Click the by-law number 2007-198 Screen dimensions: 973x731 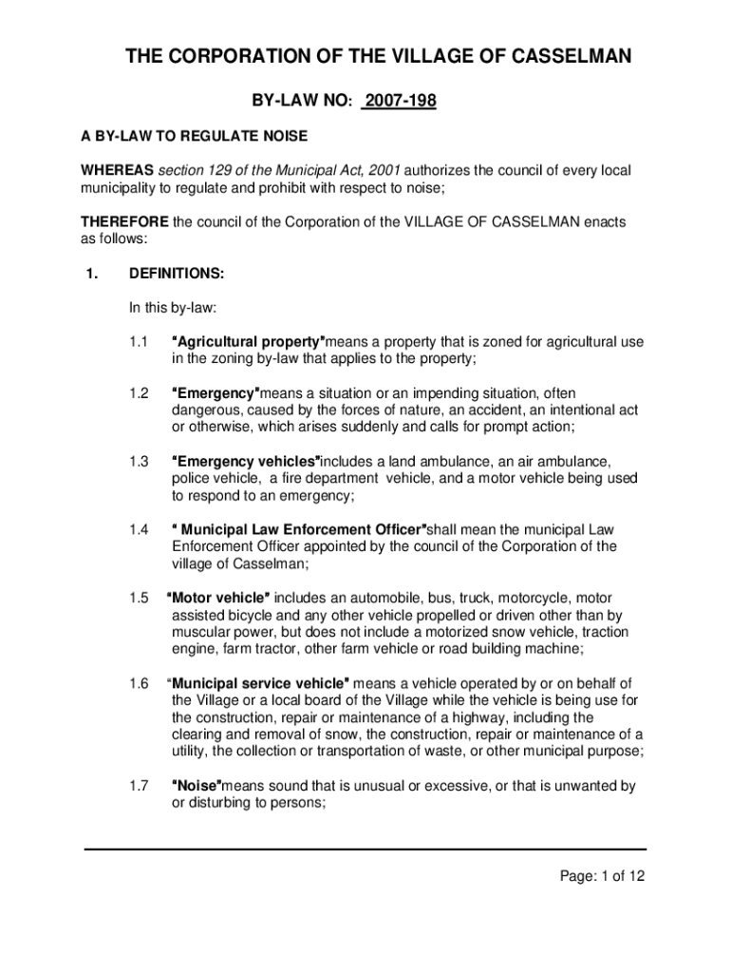coord(399,100)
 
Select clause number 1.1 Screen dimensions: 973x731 coord(140,341)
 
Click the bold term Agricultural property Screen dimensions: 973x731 coord(249,341)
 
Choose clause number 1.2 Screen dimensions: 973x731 coord(140,393)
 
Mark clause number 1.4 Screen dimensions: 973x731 coord(140,529)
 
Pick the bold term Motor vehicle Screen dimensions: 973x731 coord(218,598)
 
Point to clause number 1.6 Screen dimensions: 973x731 coord(140,683)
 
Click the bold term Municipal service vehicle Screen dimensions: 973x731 coord(258,683)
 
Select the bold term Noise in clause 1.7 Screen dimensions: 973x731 coord(197,786)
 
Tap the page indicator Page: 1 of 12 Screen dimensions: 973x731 coord(601,876)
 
